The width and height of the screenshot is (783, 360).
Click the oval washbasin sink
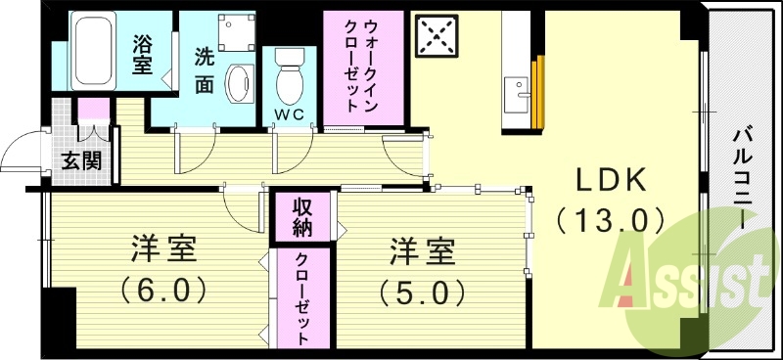click(x=239, y=86)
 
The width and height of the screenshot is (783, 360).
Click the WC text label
click(x=290, y=115)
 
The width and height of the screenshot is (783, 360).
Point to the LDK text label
click(x=611, y=180)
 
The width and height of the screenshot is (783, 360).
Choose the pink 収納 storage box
click(x=301, y=218)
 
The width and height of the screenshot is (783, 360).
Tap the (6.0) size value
click(x=163, y=291)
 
